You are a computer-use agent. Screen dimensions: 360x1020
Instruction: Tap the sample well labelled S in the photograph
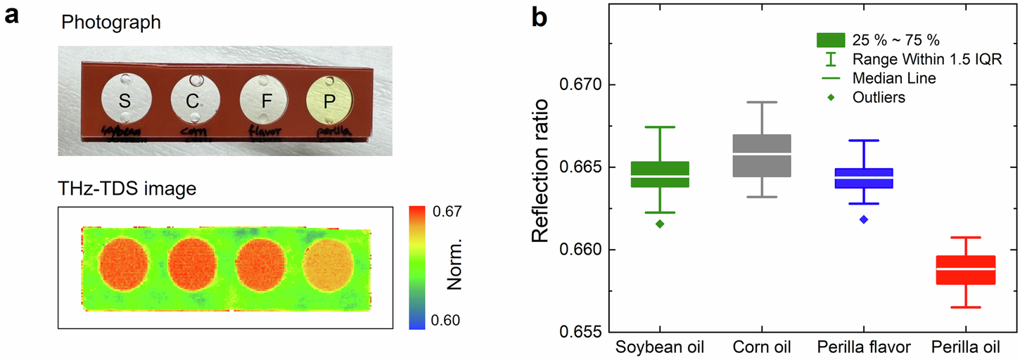(125, 100)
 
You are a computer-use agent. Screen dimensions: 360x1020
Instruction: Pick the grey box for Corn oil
(763, 155)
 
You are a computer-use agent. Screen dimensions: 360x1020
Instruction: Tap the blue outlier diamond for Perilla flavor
(864, 219)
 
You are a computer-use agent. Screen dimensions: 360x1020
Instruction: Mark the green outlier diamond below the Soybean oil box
(660, 224)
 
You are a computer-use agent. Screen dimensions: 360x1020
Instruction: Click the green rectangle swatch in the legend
(831, 39)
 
